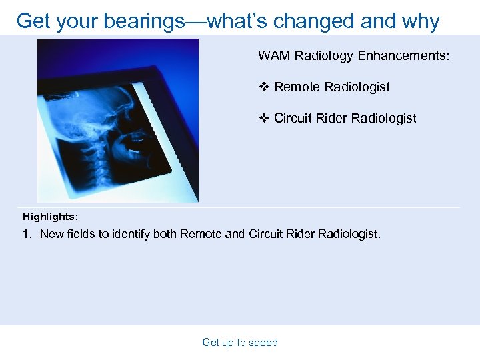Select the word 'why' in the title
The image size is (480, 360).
coord(420,21)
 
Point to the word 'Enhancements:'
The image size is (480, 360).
coord(404,55)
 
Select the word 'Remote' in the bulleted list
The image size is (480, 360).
coord(297,87)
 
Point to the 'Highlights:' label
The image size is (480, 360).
coord(50,217)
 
